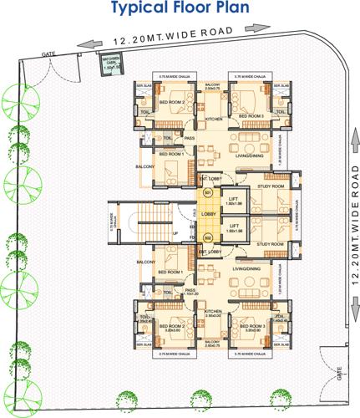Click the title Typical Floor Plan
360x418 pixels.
pos(180,10)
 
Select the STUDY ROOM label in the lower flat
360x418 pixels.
pos(271,244)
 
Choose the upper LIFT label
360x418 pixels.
pos(234,198)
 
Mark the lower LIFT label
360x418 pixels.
pos(234,226)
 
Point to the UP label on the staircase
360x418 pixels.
pos(175,232)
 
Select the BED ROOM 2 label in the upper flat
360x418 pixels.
pos(171,103)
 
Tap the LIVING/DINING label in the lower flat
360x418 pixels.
pos(246,268)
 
